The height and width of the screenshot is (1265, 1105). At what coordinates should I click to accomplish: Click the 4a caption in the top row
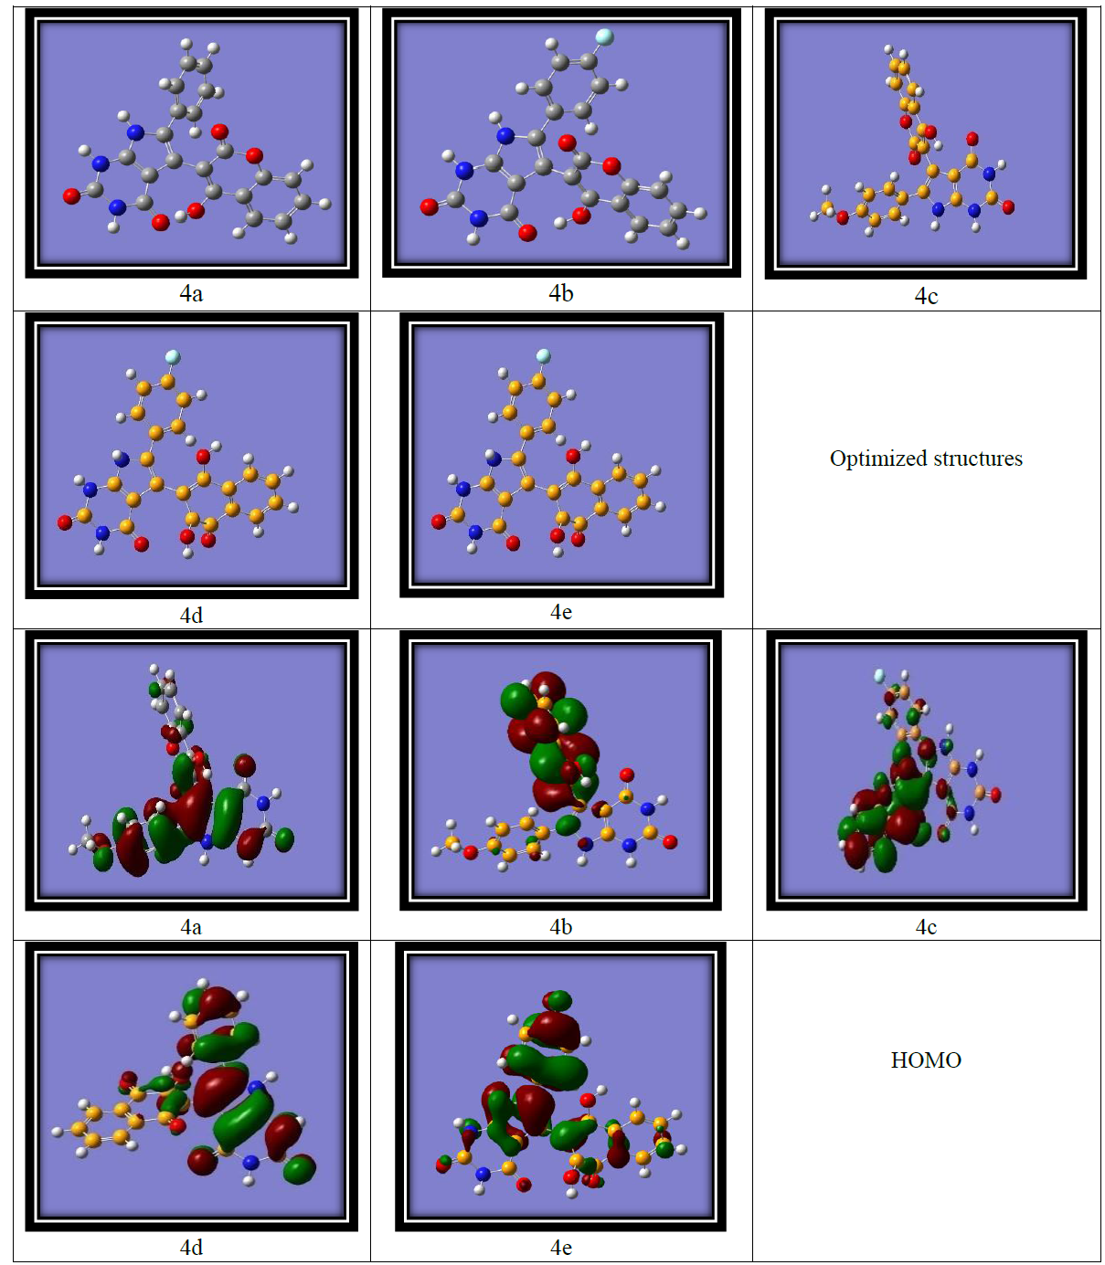191,293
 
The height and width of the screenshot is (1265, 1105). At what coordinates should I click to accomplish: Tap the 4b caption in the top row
561,293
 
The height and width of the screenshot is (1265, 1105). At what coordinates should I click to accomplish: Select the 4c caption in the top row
926,296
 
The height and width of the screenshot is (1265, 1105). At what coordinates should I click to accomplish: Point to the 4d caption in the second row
191,616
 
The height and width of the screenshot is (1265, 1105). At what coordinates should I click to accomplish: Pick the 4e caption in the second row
561,612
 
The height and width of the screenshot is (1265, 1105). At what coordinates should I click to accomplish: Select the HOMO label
926,1060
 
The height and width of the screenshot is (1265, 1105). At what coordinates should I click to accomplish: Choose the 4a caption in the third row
191,927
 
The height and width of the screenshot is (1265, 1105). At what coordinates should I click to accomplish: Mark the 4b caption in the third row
561,927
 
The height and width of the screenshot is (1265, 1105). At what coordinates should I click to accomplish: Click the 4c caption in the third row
926,927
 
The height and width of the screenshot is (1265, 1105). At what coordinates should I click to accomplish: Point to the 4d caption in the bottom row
191,1248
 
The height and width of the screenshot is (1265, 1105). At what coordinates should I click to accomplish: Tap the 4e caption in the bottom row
561,1248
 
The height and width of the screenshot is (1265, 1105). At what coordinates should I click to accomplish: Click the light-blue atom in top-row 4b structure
604,37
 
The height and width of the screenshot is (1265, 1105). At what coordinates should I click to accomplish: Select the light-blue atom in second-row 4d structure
172,357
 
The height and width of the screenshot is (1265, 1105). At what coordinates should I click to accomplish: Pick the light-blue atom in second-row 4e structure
543,355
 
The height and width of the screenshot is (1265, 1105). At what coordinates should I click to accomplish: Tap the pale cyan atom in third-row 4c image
879,676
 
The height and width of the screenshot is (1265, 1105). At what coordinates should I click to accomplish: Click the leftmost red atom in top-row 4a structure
71,195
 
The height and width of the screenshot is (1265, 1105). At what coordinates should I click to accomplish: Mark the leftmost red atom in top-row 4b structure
429,207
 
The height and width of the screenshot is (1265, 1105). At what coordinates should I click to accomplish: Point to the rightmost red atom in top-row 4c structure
1008,207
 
